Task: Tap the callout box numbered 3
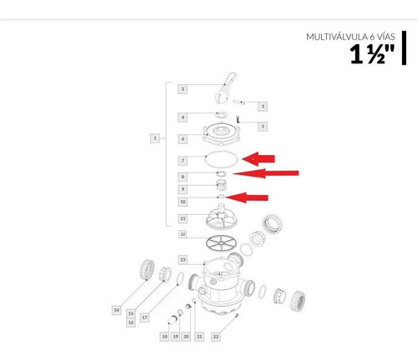click(262, 106)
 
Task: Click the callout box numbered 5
click(262, 126)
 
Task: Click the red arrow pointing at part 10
click(249, 197)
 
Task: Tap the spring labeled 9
click(221, 184)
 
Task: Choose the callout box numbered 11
click(183, 218)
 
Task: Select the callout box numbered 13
click(183, 260)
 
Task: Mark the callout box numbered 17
click(143, 317)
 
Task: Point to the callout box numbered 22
click(216, 336)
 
